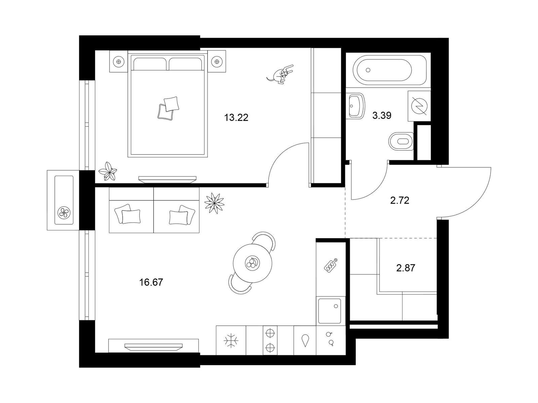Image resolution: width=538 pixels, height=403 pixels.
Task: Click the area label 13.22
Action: pos(236,118)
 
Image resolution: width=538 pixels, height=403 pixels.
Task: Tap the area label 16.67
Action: pos(151,282)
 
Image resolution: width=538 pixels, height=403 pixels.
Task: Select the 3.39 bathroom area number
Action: pos(382,115)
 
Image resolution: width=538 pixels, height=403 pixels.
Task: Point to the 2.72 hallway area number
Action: pos(399,200)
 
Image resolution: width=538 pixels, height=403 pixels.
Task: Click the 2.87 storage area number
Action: pos(406,268)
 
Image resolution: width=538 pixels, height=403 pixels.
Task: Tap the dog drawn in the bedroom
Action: pos(280,74)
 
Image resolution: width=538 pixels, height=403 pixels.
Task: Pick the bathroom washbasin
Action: pos(355,106)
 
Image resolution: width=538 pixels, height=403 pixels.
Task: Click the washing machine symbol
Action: pos(419,106)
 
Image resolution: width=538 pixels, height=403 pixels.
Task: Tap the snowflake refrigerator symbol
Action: pos(231,340)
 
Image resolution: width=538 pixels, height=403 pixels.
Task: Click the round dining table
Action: pos(253,263)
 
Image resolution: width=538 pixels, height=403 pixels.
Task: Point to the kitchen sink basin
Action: pos(330,311)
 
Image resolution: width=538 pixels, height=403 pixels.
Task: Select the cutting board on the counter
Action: pos(331,265)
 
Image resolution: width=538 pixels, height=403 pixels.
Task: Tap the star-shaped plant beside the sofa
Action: pos(215,203)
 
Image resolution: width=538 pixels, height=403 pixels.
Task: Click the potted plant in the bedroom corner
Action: pos(108,171)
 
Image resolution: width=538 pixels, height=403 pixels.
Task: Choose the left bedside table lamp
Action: pos(119,62)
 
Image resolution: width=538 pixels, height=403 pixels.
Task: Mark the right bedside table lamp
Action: pos(217,62)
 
